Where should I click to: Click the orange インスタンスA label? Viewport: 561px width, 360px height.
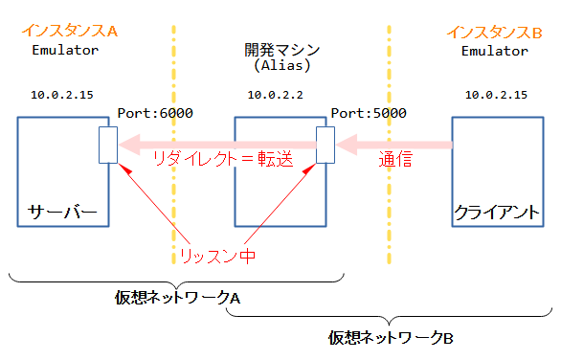[x=70, y=32]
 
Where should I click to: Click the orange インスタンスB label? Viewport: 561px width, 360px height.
[x=495, y=33]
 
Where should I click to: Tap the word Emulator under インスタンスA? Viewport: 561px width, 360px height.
[x=64, y=50]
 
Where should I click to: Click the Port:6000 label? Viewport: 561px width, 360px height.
[x=155, y=113]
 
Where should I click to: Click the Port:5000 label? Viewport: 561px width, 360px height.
[x=369, y=113]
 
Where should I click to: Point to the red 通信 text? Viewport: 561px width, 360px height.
[x=394, y=160]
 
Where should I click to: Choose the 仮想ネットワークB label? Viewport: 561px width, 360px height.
[x=391, y=337]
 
